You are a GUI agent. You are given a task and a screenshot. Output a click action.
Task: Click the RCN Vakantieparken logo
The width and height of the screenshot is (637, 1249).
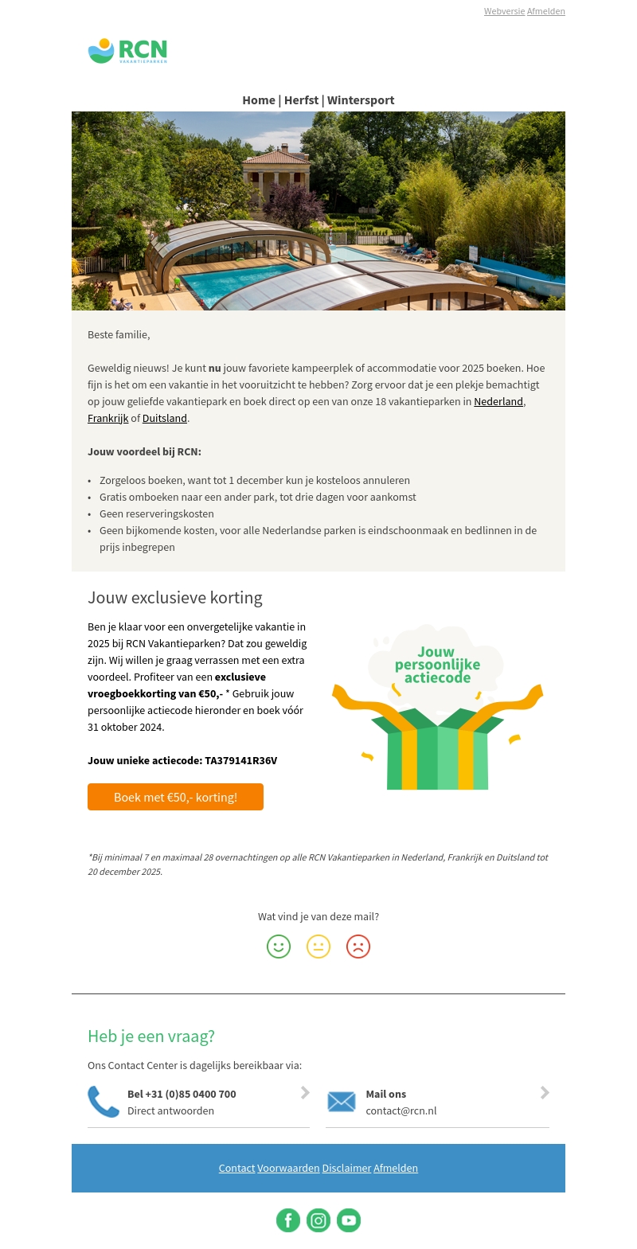(127, 51)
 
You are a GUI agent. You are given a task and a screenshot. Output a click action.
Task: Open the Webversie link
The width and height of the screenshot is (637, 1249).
(504, 11)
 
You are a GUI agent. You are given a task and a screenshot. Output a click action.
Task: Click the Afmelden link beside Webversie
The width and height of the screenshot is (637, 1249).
(546, 11)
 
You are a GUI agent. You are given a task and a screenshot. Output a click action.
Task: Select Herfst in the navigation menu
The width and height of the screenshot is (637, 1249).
(301, 100)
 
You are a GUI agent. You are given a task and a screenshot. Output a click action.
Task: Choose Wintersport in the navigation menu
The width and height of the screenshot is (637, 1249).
(361, 100)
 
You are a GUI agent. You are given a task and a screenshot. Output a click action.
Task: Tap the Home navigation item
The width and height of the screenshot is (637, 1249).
(259, 100)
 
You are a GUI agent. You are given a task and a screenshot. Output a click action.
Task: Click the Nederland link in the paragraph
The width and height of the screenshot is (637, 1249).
(498, 401)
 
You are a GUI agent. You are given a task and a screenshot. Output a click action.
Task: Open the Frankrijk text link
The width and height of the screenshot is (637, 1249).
(107, 418)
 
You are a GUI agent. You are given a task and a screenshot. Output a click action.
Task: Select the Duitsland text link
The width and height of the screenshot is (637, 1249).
(165, 418)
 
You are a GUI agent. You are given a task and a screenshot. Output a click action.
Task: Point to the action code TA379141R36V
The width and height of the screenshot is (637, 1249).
(241, 760)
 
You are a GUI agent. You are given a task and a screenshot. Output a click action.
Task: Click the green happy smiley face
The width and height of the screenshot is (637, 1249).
(279, 947)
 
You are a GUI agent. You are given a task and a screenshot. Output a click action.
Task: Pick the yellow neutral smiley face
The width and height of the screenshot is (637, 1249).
(318, 947)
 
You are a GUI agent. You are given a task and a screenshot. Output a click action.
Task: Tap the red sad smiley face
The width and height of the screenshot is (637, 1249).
(358, 947)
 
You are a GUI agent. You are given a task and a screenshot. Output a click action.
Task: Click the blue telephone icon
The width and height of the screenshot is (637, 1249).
(104, 1102)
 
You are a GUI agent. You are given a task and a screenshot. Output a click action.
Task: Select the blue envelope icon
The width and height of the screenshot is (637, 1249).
(342, 1102)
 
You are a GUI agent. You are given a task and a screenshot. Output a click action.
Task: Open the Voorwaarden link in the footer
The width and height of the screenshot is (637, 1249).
(288, 1168)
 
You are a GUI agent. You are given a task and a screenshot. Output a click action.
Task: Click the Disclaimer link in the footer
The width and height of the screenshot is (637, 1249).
(346, 1168)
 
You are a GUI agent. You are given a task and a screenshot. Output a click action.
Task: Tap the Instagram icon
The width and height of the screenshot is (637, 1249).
(318, 1220)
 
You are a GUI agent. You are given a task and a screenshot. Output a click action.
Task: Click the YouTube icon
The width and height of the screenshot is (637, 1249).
(349, 1220)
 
